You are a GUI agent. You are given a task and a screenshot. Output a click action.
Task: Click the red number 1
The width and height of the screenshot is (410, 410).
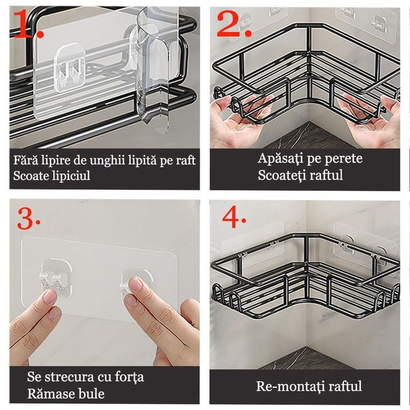[x=28, y=25]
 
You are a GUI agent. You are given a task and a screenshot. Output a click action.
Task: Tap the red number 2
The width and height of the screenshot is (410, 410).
[x=234, y=25]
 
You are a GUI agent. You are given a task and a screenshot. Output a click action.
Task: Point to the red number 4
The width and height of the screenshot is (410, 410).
[x=234, y=217]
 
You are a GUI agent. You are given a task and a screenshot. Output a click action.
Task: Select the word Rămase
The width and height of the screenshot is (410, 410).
[x=48, y=393]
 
